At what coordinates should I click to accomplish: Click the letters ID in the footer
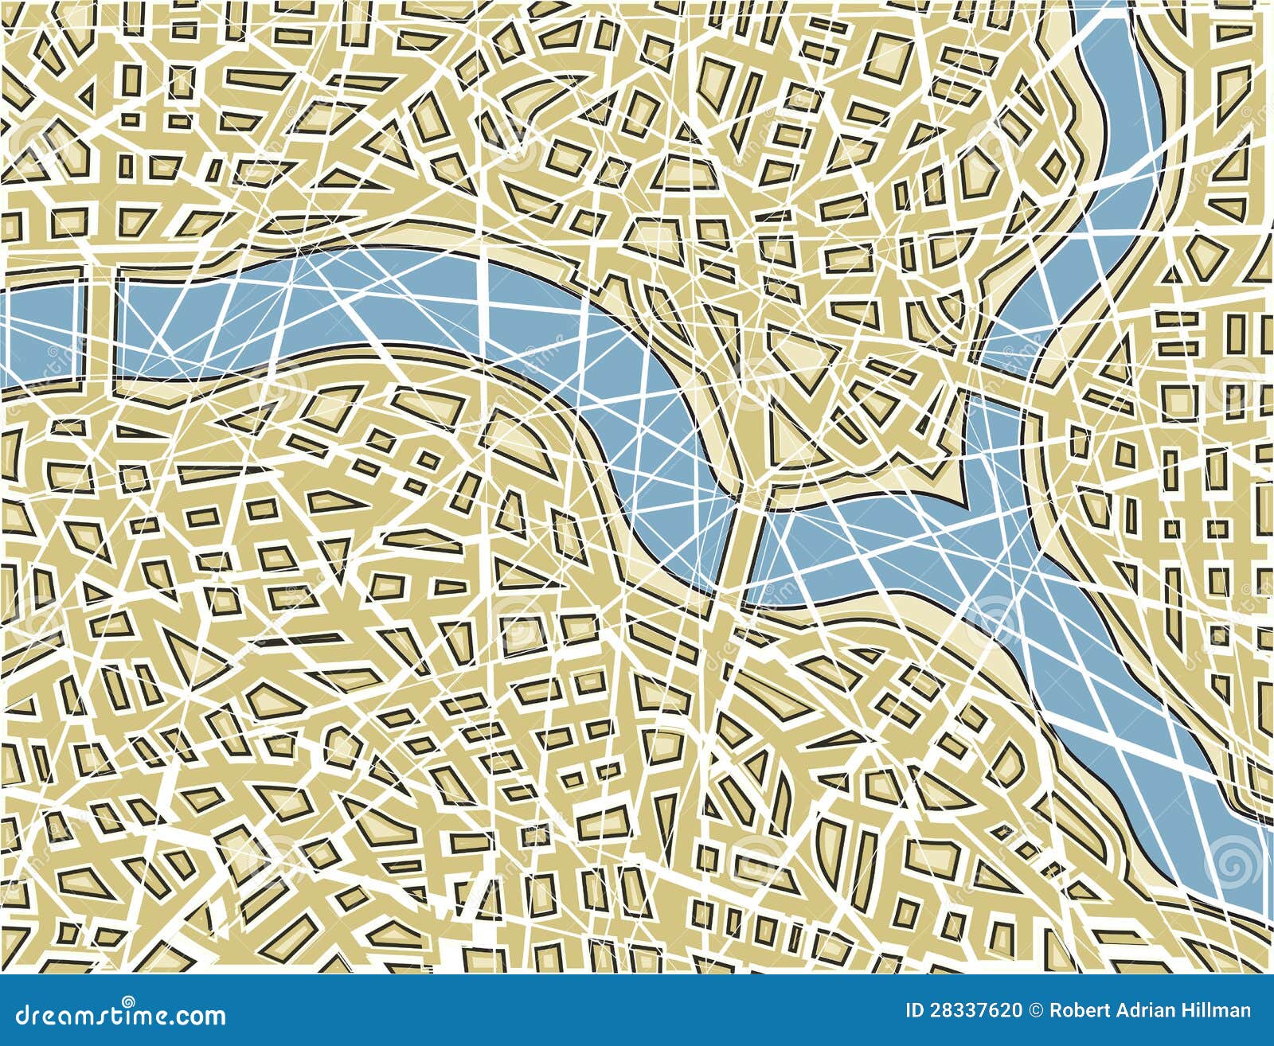916,1011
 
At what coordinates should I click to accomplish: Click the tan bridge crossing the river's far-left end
99,326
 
